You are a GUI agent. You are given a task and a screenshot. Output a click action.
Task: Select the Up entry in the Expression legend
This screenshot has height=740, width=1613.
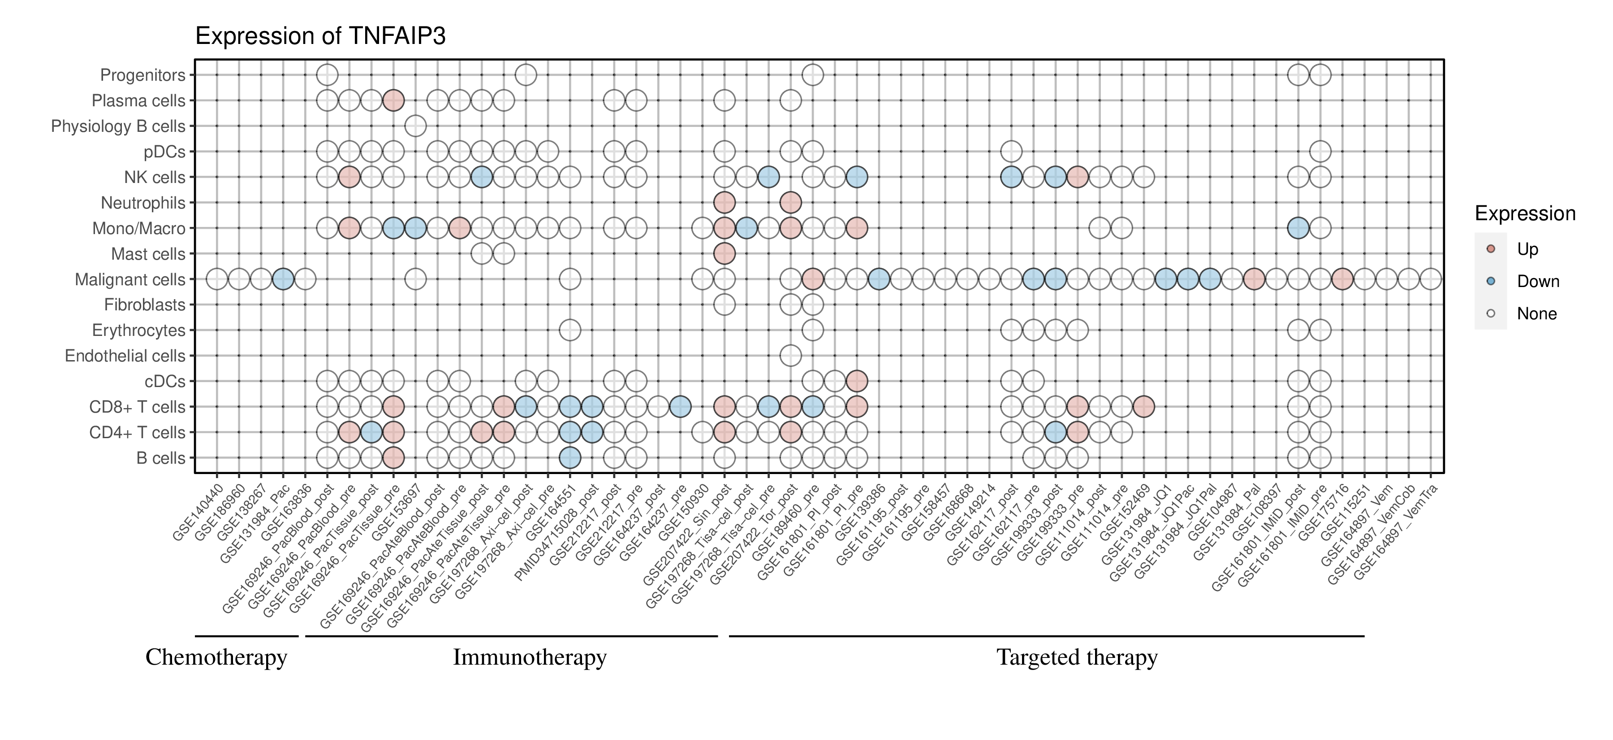point(1527,249)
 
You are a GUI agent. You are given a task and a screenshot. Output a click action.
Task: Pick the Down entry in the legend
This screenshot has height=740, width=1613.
point(1537,281)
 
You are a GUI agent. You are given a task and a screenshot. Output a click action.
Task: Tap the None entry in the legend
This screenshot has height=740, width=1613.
point(1536,314)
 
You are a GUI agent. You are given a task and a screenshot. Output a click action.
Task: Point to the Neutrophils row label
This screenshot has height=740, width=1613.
point(143,203)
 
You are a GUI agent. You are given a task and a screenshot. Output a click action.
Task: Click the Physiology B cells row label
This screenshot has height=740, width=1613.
point(118,126)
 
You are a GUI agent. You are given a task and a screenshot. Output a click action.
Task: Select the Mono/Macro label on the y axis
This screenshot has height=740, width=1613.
point(138,229)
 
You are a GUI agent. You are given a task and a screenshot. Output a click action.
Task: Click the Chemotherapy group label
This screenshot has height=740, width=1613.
point(216,657)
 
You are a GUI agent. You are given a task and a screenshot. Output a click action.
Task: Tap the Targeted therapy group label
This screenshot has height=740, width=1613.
point(1076,657)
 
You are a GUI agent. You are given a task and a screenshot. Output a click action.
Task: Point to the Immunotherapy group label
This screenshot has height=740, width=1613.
point(529,657)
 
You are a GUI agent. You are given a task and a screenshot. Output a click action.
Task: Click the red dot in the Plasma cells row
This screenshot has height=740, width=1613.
point(393,100)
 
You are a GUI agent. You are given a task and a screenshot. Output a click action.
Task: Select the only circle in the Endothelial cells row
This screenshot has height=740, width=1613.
point(790,356)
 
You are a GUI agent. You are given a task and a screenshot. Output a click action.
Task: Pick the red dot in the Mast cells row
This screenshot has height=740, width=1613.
point(724,254)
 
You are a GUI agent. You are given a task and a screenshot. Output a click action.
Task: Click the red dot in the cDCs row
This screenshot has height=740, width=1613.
point(857,381)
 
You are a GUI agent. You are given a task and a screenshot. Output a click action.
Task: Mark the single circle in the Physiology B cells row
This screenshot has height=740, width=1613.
point(415,126)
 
